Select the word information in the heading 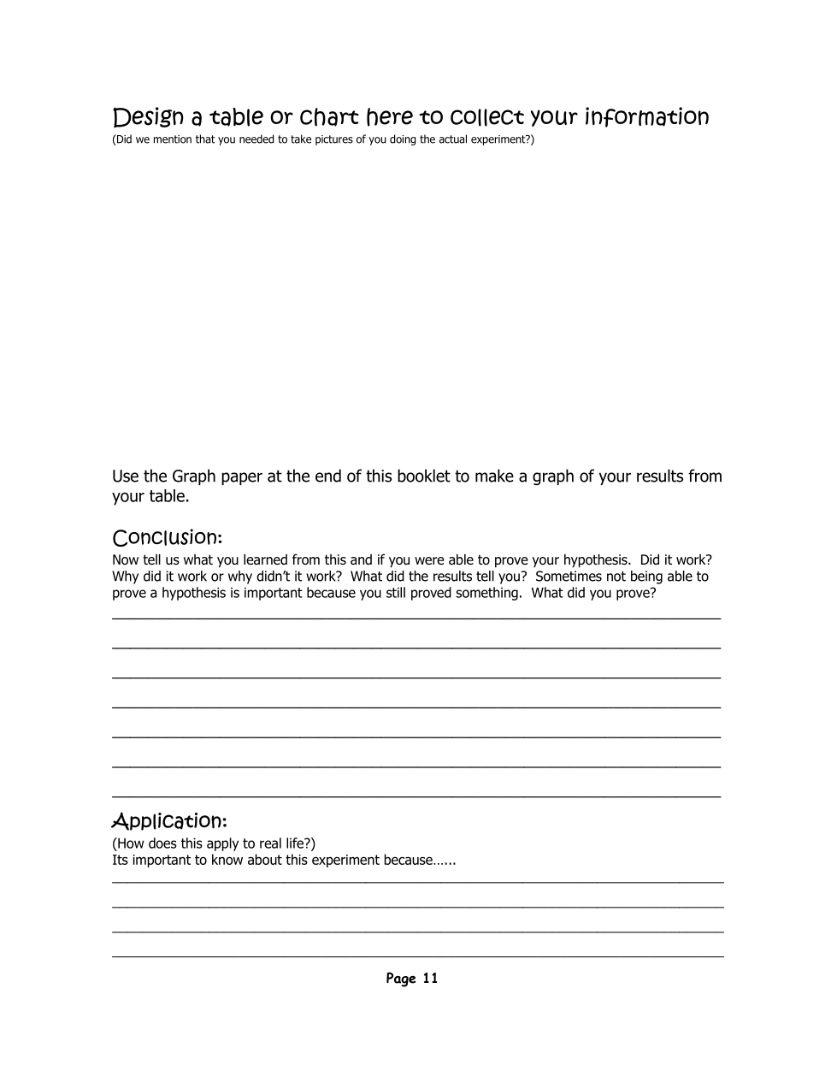(646, 117)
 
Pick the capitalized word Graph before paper (193, 476)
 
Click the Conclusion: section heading (168, 538)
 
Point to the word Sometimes (569, 577)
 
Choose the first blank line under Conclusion (416, 618)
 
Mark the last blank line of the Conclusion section (416, 796)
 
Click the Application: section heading (169, 821)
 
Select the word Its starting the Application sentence (121, 860)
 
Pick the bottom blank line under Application (417, 956)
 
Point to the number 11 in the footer (430, 979)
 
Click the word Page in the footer (400, 979)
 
